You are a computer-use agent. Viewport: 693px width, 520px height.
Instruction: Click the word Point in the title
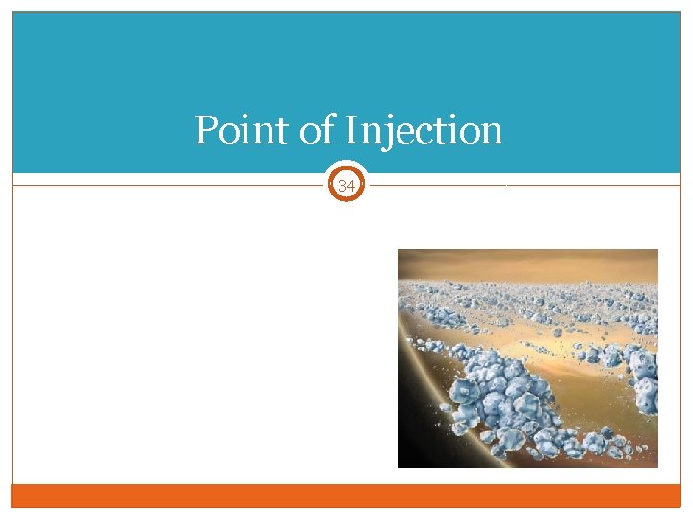click(x=243, y=130)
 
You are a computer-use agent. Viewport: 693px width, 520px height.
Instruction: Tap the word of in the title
click(x=316, y=130)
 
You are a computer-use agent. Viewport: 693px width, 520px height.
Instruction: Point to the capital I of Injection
click(x=352, y=130)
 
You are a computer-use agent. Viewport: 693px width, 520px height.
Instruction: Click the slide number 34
click(x=346, y=184)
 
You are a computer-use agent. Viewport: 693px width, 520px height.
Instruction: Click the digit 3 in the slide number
click(x=342, y=184)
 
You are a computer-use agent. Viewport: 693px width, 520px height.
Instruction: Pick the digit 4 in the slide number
click(x=351, y=184)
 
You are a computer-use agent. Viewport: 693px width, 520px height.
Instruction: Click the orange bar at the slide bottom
click(x=346, y=495)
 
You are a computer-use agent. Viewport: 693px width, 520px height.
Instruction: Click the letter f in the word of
click(x=328, y=129)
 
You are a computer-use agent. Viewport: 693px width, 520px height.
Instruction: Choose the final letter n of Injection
click(x=491, y=132)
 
